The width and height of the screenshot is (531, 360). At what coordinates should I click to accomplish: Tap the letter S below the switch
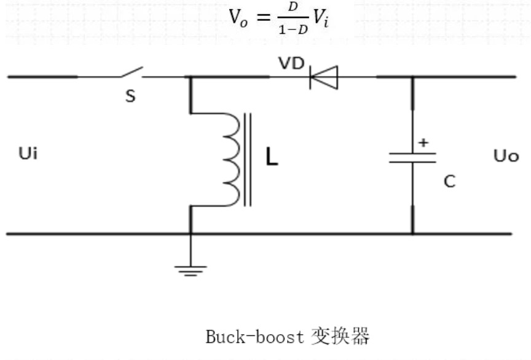(130, 96)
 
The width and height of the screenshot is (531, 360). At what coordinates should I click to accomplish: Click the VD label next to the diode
(291, 63)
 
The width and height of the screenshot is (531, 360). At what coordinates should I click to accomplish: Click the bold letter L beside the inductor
(272, 158)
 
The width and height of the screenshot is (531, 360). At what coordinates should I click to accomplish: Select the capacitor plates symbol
(412, 158)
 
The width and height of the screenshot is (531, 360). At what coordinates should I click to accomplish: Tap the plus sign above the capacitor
(423, 143)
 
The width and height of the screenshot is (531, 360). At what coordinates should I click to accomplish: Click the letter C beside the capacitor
(449, 181)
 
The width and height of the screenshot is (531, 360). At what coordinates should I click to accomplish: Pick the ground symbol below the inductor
(191, 269)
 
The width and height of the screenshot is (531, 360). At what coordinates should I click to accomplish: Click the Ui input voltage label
(28, 154)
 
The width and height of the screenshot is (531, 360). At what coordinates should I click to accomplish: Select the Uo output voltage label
(506, 155)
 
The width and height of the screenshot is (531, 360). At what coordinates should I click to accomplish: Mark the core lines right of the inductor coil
(248, 159)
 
